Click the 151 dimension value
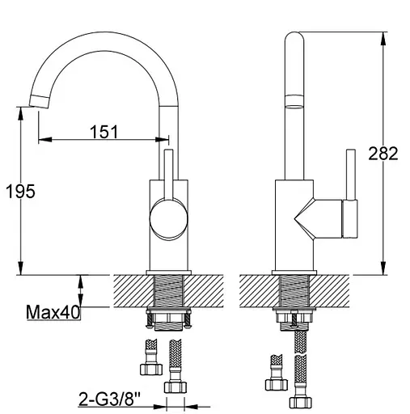click(x=104, y=132)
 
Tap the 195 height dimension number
click(x=20, y=192)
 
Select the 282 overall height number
click(x=383, y=154)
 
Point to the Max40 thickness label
click(x=53, y=312)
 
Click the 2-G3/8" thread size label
click(x=110, y=399)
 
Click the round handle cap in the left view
click(x=168, y=218)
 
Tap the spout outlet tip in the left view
click(x=40, y=102)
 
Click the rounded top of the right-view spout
click(x=294, y=38)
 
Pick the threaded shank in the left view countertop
click(x=168, y=291)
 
